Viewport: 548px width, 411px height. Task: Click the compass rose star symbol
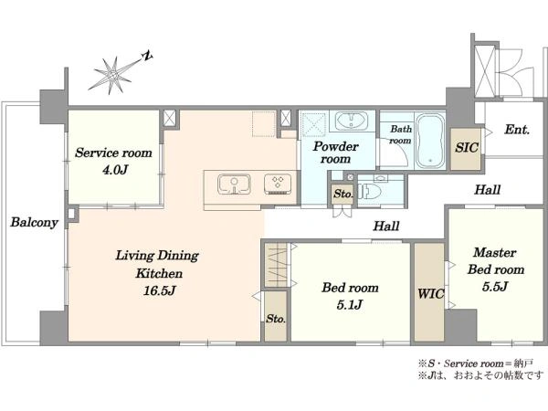tap(112, 75)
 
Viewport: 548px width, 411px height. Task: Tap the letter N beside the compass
tap(148, 55)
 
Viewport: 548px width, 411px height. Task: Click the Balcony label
tap(34, 222)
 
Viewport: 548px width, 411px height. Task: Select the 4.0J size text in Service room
tap(115, 170)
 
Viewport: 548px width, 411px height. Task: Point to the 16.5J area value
tap(159, 290)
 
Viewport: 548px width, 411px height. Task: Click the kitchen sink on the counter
tap(234, 184)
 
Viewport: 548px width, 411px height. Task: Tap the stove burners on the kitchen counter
tap(278, 184)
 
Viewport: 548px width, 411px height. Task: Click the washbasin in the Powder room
tap(352, 121)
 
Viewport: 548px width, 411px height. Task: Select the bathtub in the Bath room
tap(430, 141)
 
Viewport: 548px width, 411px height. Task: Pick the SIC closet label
tap(466, 148)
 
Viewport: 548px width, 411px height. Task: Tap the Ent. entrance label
tap(517, 130)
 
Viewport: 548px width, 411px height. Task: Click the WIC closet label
tap(430, 294)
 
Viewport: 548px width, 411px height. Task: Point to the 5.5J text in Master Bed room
tap(495, 287)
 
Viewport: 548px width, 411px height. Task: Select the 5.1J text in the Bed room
tap(350, 305)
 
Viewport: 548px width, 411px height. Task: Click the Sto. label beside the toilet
tap(342, 194)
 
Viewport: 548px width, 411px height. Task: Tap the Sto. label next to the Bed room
tap(276, 319)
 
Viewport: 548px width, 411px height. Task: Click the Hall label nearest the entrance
tap(487, 190)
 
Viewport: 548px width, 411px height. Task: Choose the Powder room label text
tap(335, 153)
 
